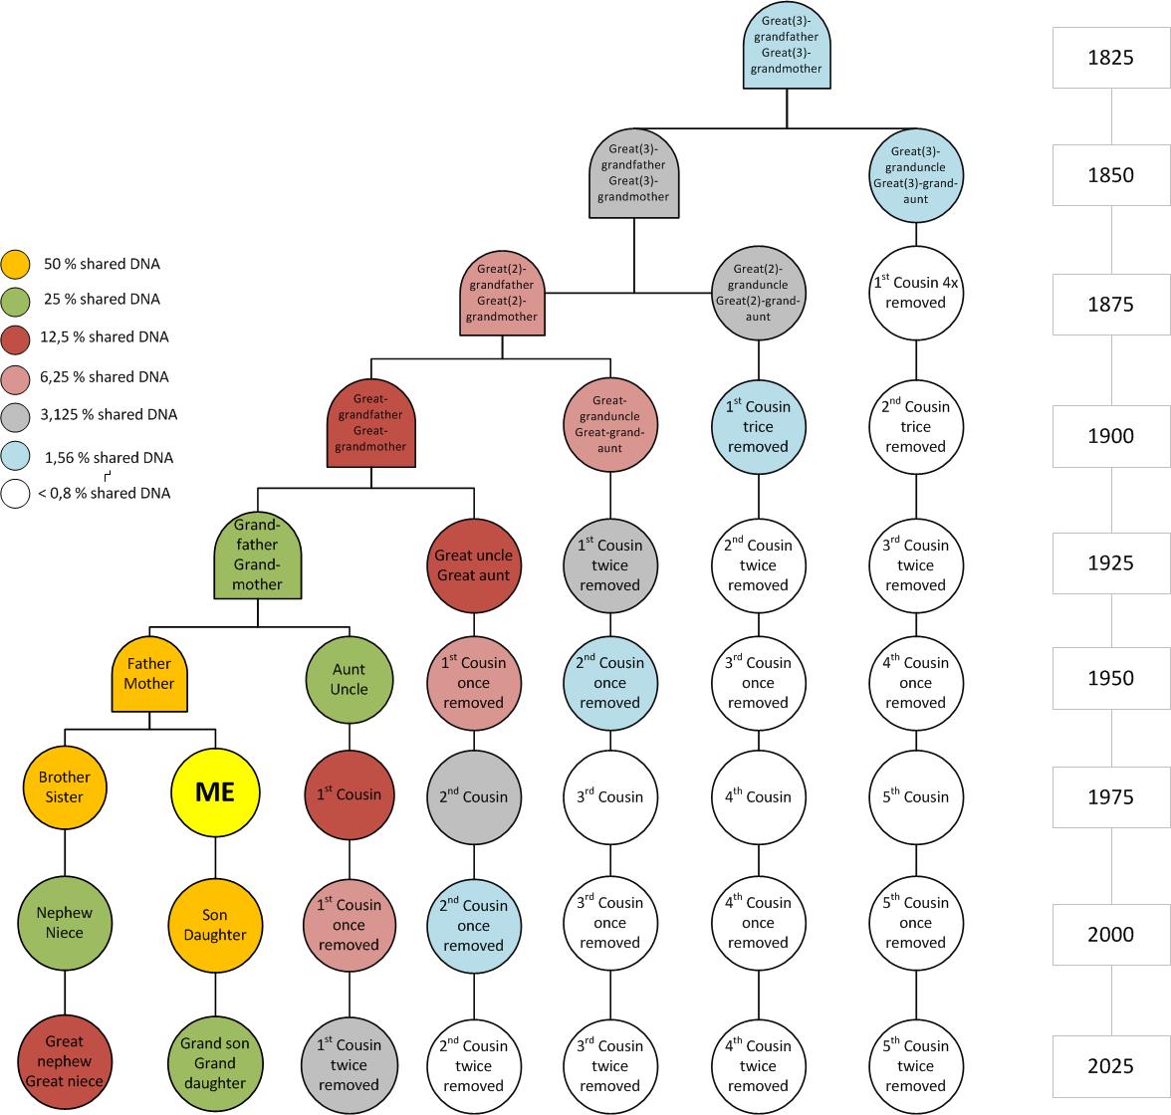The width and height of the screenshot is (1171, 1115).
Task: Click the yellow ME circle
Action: [215, 792]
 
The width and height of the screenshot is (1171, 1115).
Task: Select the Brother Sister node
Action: [65, 787]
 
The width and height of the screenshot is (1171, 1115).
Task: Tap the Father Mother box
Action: [149, 674]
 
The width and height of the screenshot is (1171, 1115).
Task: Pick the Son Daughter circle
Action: [215, 924]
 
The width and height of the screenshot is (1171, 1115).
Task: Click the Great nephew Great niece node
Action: [65, 1061]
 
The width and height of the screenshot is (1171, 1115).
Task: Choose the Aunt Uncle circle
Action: [349, 680]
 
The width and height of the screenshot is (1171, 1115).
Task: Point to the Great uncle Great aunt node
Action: [474, 565]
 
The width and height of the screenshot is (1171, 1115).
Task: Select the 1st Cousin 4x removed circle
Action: [915, 293]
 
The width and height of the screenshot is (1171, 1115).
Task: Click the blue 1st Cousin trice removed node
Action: [758, 426]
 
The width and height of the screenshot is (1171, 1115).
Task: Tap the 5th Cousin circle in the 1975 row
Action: [915, 796]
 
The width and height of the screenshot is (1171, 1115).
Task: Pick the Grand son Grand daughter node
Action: [215, 1061]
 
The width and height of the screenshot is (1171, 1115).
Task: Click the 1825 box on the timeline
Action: [1110, 58]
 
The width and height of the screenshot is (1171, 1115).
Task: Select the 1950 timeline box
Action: [1110, 678]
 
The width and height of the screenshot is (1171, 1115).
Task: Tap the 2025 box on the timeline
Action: [1110, 1066]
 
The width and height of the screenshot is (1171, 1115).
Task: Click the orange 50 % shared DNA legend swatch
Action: [16, 265]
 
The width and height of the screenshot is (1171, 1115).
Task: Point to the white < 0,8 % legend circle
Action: [16, 494]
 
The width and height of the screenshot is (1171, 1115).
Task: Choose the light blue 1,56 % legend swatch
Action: [16, 457]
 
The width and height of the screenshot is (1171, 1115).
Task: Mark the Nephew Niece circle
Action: [65, 923]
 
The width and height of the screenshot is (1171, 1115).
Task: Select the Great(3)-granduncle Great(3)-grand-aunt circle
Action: [915, 177]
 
